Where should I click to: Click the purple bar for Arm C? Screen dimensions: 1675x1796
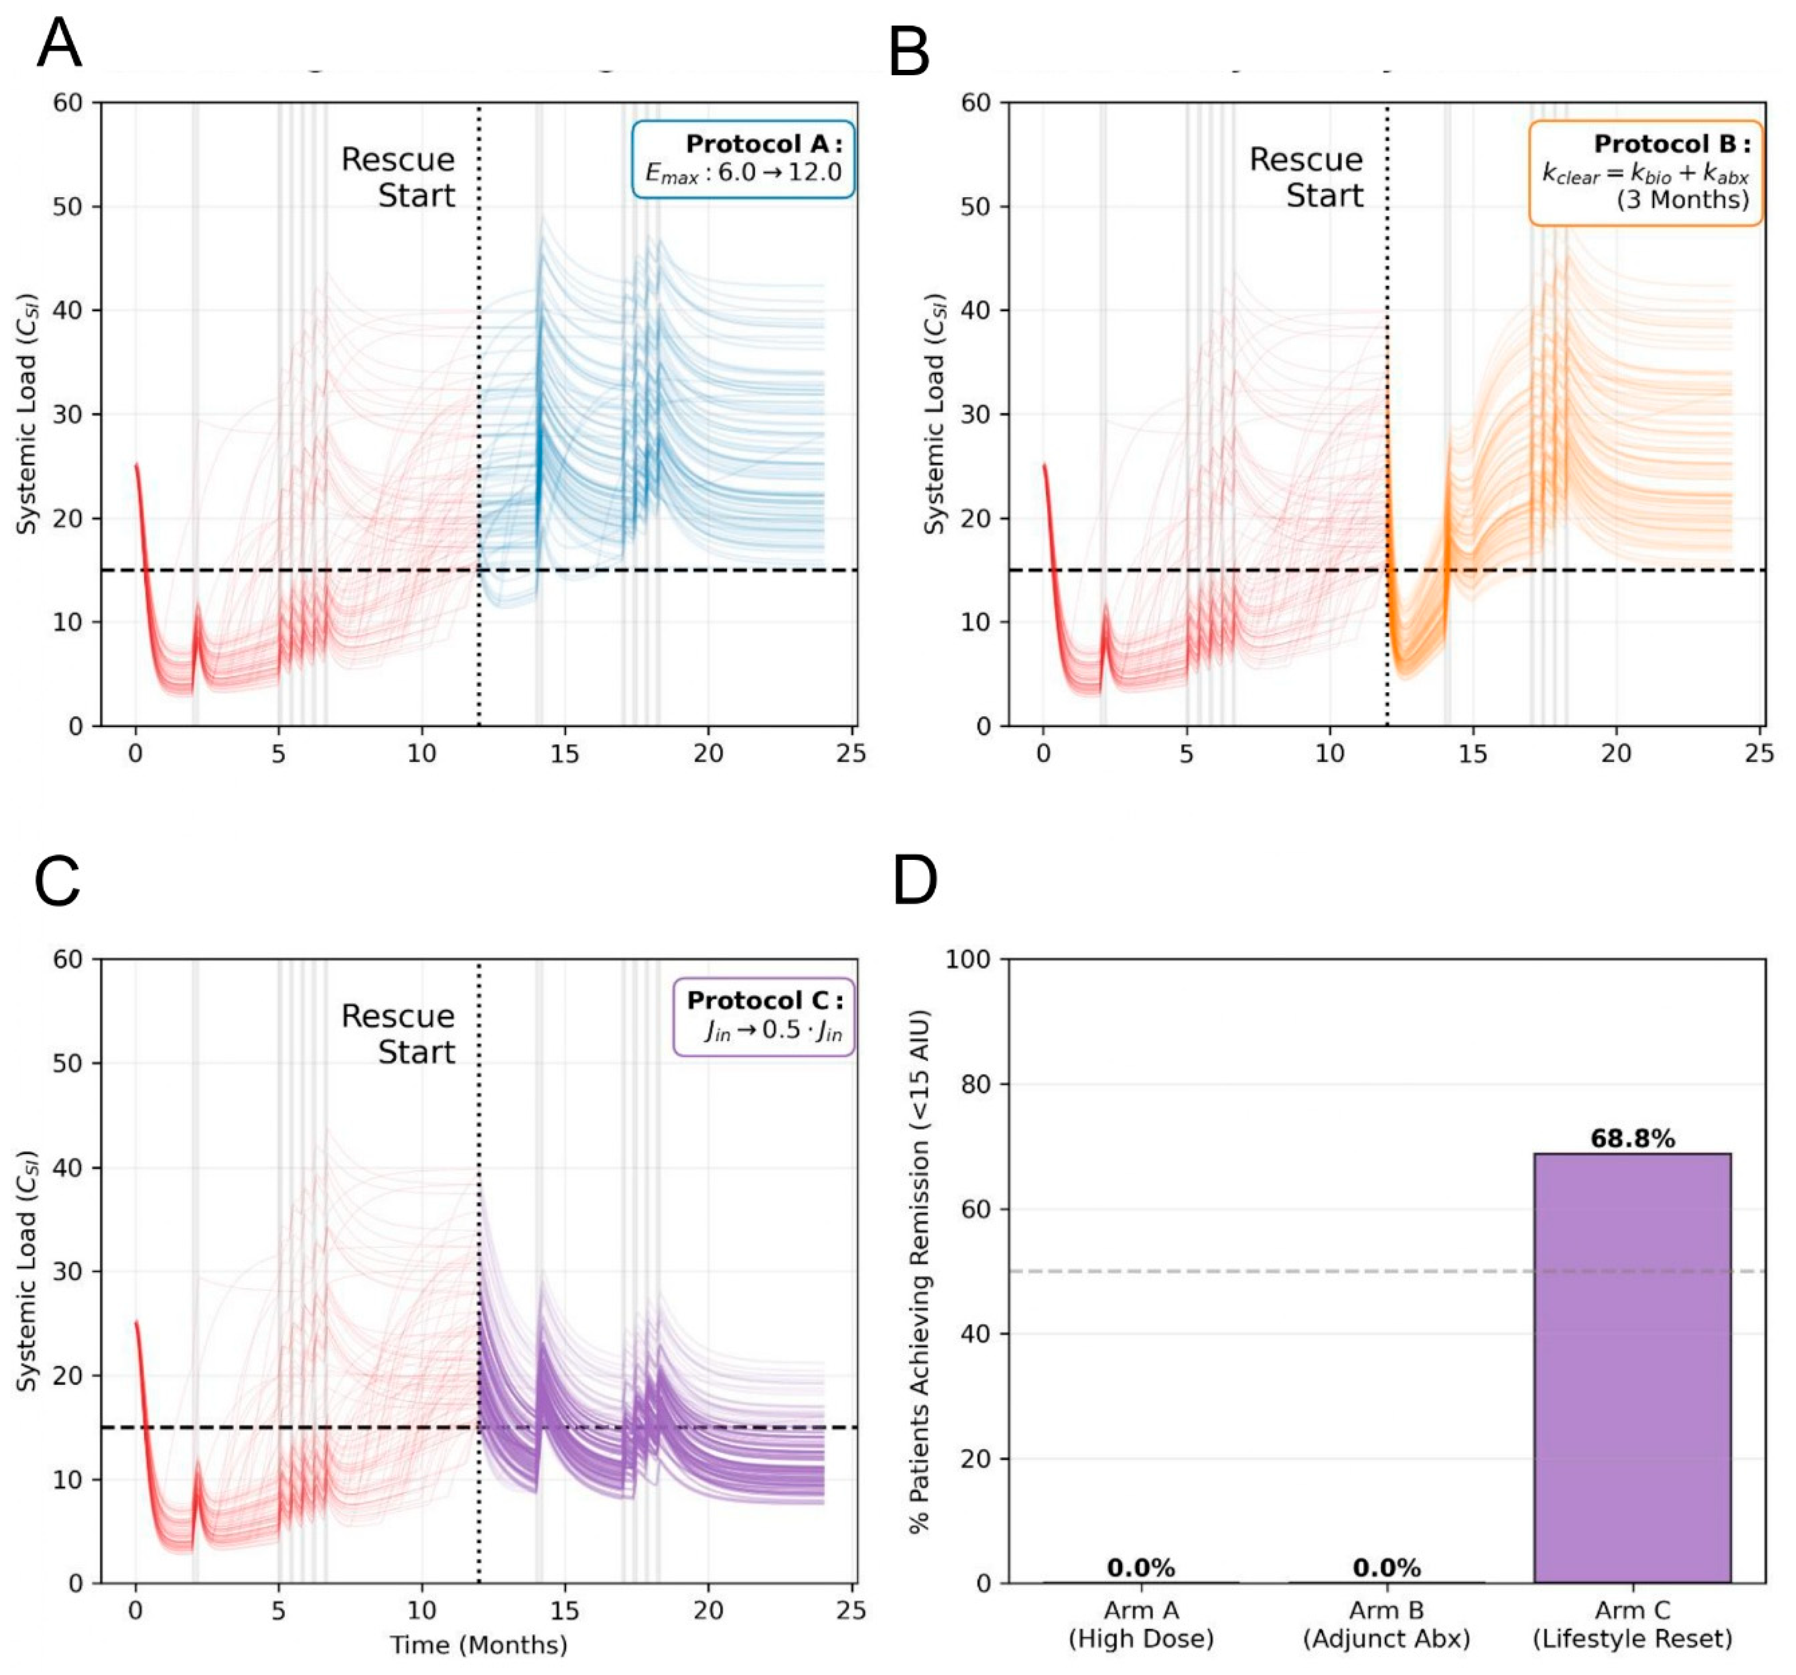tap(1632, 1368)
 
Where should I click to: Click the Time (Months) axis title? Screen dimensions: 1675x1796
tap(478, 1645)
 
